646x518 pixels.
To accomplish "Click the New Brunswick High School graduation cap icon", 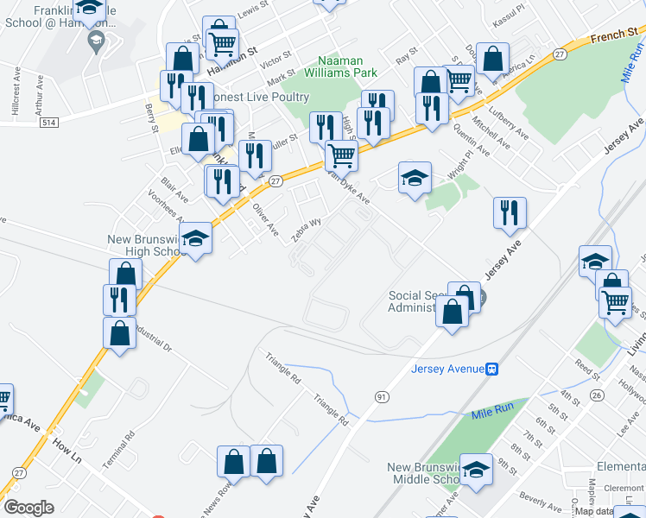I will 196,238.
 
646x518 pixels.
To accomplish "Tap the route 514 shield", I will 48,123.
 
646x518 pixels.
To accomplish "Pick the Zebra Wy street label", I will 307,228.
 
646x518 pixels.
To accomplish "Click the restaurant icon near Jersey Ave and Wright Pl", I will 510,212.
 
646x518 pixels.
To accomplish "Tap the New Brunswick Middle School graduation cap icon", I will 476,469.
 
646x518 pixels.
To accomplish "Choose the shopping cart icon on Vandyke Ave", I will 342,155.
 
